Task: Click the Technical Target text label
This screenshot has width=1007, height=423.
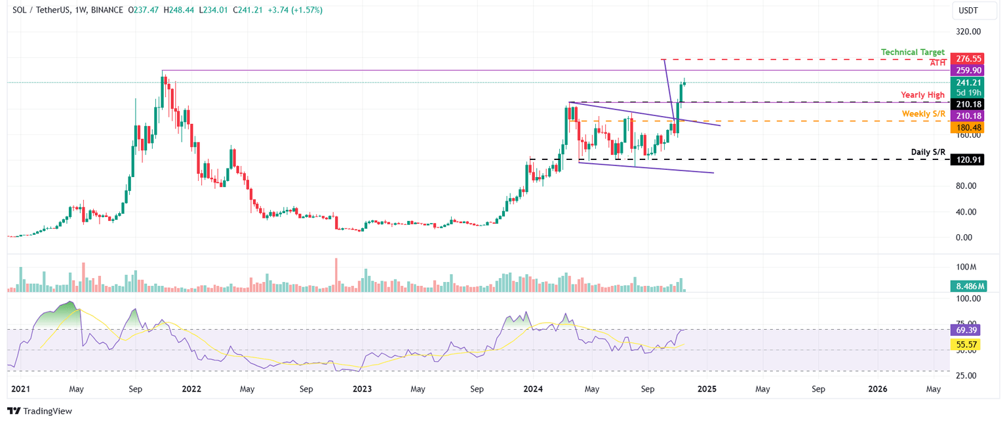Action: [913, 52]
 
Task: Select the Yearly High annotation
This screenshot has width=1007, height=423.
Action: [922, 95]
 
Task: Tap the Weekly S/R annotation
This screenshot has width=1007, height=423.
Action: [923, 114]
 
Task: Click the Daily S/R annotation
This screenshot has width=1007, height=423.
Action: [928, 152]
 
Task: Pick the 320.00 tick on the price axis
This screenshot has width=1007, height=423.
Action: [967, 31]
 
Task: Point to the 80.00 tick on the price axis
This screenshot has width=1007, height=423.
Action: [967, 186]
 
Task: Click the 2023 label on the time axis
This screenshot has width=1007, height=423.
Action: [362, 389]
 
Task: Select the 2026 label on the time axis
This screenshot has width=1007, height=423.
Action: [877, 389]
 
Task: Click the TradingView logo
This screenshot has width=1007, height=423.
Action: [39, 411]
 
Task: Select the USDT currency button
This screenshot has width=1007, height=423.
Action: [969, 10]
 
